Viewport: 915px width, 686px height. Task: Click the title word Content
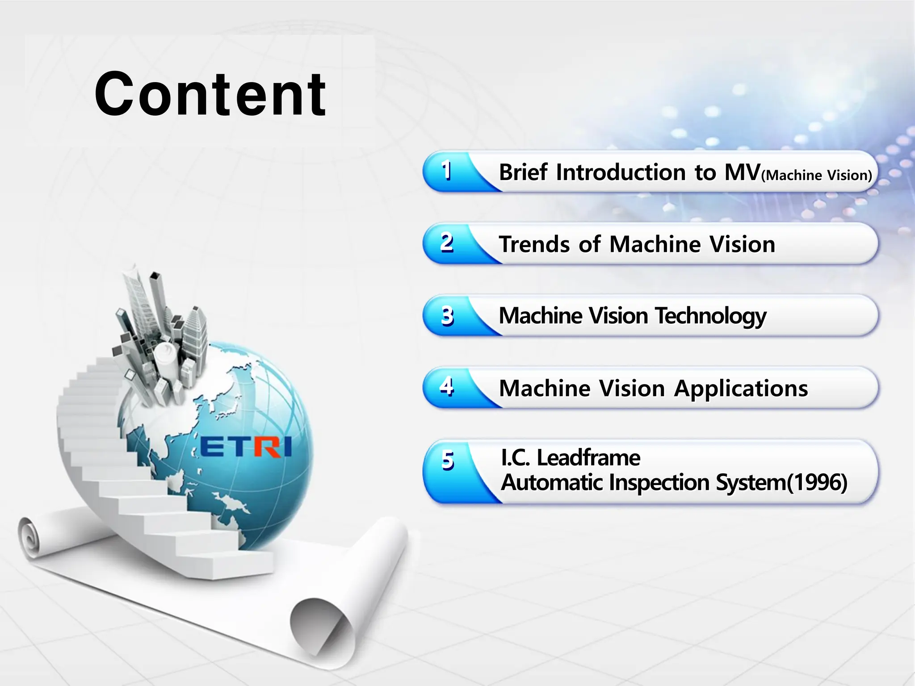tap(210, 94)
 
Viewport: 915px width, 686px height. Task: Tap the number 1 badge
tap(446, 171)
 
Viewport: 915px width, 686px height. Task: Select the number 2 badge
tap(446, 243)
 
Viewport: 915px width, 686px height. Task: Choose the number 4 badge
tap(446, 387)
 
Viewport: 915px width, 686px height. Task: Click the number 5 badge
tap(447, 460)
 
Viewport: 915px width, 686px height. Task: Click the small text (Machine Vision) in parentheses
tap(816, 175)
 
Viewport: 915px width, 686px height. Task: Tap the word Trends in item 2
tap(534, 244)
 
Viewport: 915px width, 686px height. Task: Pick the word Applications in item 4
tap(741, 389)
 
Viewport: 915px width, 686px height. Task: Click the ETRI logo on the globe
tap(246, 447)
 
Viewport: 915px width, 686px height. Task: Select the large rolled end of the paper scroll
tap(322, 625)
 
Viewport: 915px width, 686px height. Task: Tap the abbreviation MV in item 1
tap(742, 172)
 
